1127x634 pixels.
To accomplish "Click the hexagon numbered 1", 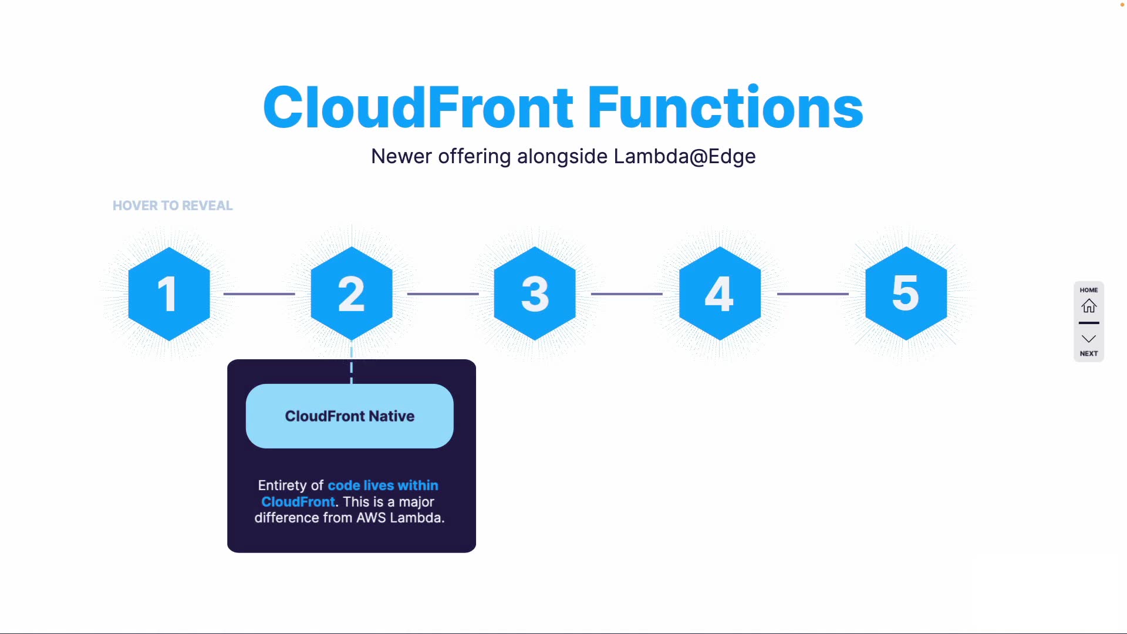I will (x=169, y=294).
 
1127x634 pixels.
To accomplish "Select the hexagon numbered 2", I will (x=352, y=294).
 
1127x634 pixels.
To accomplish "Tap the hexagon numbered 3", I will (x=535, y=294).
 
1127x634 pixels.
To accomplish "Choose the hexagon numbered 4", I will (x=720, y=294).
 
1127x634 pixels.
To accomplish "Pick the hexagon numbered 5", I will (x=906, y=294).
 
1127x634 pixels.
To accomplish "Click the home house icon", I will (x=1089, y=306).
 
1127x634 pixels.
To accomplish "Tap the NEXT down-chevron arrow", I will (x=1089, y=339).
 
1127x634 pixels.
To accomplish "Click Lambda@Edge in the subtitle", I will (x=684, y=156).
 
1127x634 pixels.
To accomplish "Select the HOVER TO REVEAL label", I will (x=173, y=205).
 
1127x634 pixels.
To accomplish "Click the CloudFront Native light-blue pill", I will (x=350, y=416).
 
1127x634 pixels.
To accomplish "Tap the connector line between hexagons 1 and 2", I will (x=259, y=294).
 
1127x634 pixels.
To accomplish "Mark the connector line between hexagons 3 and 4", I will (x=627, y=294).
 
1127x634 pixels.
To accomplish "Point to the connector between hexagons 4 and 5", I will (x=813, y=294).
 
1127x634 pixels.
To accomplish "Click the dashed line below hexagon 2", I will (x=352, y=368).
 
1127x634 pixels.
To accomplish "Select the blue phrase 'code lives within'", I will (x=383, y=485).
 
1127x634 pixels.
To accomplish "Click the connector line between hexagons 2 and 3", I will (x=443, y=294).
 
